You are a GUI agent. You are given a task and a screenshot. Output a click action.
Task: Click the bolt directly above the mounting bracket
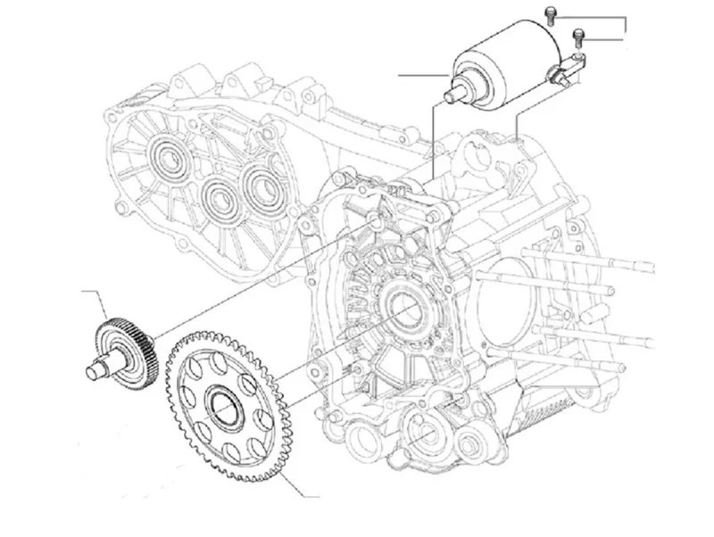click(577, 35)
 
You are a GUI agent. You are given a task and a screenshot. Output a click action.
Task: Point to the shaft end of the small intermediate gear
click(92, 368)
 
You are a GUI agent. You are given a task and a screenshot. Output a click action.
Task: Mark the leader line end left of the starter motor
click(401, 76)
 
